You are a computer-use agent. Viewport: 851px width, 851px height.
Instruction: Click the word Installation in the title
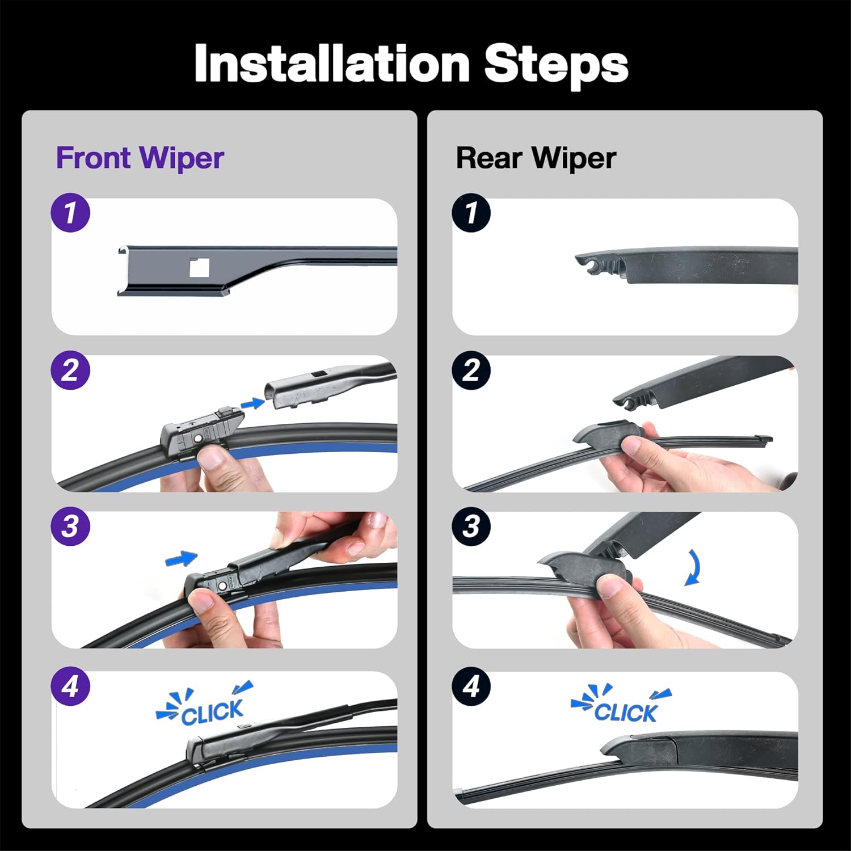click(331, 64)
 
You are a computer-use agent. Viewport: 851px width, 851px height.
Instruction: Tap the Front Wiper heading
click(140, 158)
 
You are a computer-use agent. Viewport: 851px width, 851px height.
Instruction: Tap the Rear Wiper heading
click(536, 158)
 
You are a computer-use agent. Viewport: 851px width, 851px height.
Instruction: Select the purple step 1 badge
click(70, 213)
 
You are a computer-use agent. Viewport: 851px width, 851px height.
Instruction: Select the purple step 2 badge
click(70, 370)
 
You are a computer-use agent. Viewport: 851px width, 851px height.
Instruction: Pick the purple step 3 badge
click(70, 526)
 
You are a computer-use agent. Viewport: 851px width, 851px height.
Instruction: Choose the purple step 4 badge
click(70, 686)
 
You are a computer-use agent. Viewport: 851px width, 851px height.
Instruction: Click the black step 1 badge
click(471, 213)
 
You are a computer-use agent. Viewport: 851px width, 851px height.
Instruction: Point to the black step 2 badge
click(471, 370)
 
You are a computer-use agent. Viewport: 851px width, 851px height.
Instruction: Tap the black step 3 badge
click(471, 526)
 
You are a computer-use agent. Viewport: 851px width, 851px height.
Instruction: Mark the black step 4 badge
click(471, 686)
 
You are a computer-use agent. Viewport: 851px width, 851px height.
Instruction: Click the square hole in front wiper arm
click(200, 267)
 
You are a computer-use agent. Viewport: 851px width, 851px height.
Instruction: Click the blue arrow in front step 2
click(252, 403)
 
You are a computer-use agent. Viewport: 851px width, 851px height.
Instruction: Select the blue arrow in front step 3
click(182, 559)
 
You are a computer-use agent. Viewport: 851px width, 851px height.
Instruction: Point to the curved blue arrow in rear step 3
click(693, 567)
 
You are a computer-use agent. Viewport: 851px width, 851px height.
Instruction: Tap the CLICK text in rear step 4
click(625, 712)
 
